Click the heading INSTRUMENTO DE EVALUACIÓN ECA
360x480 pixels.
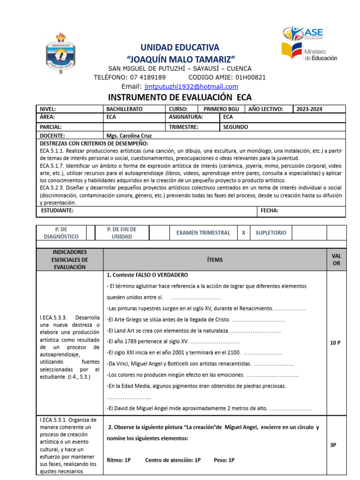180,97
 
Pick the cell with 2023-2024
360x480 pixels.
309,109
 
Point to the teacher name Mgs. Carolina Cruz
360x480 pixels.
129,135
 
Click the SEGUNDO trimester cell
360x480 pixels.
236,127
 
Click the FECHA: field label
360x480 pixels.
270,211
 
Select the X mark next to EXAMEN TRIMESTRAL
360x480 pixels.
243,233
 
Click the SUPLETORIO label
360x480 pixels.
271,233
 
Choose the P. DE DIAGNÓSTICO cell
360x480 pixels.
61,233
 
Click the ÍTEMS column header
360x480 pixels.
215,260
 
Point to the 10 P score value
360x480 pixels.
335,343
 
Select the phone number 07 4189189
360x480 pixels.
146,77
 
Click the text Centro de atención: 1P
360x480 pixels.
173,460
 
